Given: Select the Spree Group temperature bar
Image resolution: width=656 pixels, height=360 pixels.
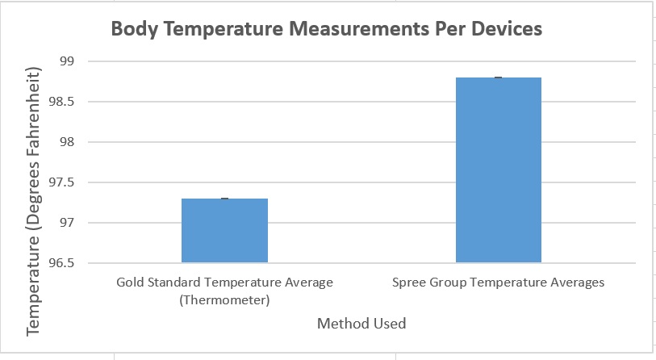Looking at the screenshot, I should click(499, 170).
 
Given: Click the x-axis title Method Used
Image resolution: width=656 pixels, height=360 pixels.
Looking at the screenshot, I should click(361, 324).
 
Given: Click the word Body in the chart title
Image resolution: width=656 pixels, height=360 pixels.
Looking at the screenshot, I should click(132, 30).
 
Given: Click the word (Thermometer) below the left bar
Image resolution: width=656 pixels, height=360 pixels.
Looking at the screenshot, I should click(224, 300).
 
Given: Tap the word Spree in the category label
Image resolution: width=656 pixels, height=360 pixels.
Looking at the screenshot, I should click(411, 283).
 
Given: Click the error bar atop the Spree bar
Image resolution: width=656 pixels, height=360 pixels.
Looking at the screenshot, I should click(499, 77).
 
